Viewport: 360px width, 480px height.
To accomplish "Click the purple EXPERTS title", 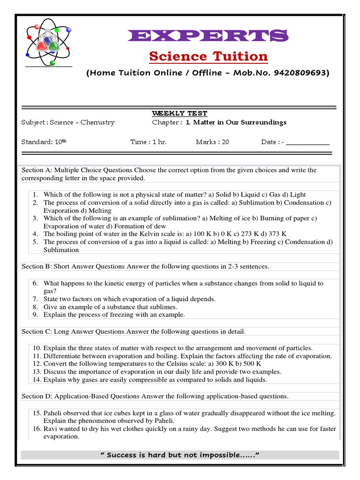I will click(x=208, y=36).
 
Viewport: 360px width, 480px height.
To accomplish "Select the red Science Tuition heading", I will click(x=208, y=57).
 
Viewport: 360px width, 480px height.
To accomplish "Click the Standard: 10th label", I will click(x=44, y=142).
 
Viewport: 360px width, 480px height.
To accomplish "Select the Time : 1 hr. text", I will click(x=148, y=142).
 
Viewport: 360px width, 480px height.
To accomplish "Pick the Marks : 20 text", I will click(x=212, y=142).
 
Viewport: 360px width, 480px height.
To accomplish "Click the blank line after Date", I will click(x=307, y=142).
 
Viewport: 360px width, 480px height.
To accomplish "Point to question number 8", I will click(x=35, y=307).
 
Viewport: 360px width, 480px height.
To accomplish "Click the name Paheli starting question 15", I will click(x=54, y=413).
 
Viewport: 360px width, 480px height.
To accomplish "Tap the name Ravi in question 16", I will click(x=51, y=429).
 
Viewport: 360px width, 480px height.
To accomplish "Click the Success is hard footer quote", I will click(x=180, y=455).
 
